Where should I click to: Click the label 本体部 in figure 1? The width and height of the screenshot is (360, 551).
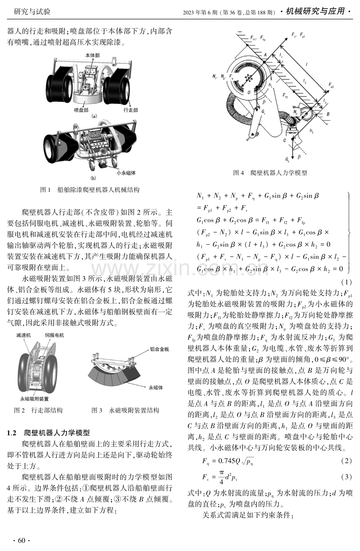(93, 55)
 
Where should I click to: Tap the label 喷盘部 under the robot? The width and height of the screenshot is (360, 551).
(81, 110)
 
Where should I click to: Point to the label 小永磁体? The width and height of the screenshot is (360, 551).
(126, 173)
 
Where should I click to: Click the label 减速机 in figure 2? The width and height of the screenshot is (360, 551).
(23, 335)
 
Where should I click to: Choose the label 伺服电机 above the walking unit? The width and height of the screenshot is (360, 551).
(54, 335)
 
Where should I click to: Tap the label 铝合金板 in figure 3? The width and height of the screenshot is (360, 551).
(160, 349)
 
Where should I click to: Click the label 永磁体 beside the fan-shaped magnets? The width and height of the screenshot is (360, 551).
(156, 387)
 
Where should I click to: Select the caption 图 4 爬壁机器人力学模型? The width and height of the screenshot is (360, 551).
(270, 173)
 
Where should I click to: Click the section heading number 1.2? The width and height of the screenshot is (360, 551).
(12, 433)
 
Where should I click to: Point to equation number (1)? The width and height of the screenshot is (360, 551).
(346, 282)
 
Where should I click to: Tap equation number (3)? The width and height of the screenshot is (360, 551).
(346, 477)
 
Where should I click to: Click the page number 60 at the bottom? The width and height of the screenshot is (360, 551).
(22, 540)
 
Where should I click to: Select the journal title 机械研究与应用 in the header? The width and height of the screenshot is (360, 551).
(315, 11)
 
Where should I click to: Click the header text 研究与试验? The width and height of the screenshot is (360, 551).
(32, 11)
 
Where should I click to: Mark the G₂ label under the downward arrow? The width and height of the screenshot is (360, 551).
(287, 159)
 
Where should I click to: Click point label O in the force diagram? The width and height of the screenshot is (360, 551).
(249, 92)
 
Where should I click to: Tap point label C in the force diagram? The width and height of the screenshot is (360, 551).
(284, 141)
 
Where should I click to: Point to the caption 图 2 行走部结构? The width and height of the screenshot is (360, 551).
(38, 410)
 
